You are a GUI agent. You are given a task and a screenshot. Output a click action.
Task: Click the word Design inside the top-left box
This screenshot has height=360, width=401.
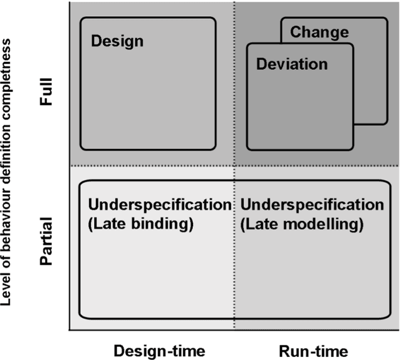click(117, 42)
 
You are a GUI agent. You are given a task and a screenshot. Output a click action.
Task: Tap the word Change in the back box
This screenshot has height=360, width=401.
click(320, 31)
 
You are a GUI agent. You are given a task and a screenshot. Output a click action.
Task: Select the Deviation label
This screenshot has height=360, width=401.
click(291, 64)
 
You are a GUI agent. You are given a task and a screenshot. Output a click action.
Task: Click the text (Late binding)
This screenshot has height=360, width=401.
click(140, 223)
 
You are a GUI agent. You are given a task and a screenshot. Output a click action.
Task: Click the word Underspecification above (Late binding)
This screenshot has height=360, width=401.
click(160, 205)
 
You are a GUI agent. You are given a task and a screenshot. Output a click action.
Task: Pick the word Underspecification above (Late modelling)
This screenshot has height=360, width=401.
click(311, 205)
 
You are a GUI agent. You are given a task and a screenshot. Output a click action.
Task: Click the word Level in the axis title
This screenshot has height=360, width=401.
click(8, 291)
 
